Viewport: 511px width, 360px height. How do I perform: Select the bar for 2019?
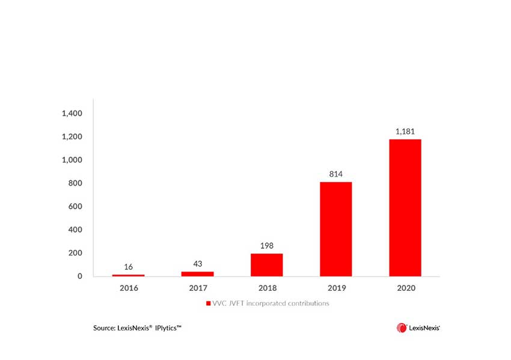335,229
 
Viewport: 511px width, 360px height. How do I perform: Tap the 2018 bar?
266,264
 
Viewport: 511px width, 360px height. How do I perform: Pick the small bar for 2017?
197,273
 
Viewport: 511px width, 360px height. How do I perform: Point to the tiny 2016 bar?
129,275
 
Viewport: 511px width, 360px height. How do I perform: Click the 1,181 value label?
405,131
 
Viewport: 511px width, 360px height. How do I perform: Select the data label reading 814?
335,174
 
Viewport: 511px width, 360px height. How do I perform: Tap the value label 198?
266,245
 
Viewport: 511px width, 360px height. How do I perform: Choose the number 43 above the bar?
197,263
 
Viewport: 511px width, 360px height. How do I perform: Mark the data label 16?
129,266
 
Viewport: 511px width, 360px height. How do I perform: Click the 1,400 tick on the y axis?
72,114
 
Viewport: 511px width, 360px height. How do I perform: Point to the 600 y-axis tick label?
75,207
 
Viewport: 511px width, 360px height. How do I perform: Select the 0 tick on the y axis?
79,276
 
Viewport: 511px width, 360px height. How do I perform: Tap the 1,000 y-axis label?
72,160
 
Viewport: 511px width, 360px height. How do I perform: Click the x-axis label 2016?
129,288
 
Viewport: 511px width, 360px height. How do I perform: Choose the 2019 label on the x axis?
335,288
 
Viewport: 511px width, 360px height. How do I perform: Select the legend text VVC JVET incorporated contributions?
271,304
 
